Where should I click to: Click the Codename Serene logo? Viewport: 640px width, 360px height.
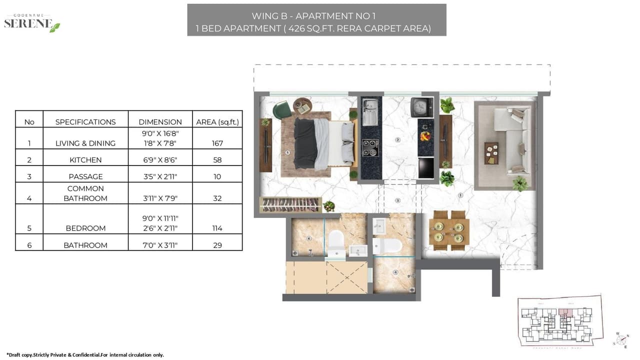pos(32,23)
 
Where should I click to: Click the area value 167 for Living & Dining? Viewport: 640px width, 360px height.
pos(217,143)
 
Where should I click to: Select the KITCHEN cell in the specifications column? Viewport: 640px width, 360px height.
pos(85,160)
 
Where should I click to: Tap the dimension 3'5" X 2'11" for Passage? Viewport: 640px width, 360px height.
pos(160,176)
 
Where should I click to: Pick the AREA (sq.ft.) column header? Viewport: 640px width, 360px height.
pos(217,121)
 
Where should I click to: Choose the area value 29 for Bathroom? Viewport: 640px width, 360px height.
pos(217,245)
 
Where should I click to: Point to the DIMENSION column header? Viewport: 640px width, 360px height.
pos(160,121)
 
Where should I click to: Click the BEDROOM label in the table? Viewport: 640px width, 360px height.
pos(85,228)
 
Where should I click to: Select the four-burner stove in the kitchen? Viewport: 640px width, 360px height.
pos(370,147)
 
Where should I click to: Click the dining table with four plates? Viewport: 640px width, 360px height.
pos(449,230)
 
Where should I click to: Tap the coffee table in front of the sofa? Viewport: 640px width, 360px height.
pos(491,153)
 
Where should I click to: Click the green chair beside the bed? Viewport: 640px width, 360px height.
pos(282,109)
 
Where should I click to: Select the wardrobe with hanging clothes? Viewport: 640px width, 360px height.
pos(290,204)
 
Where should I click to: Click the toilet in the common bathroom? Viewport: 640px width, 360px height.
pos(387,245)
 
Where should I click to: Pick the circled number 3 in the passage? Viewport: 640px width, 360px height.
pos(398,200)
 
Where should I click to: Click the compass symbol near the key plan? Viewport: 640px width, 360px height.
pos(621,339)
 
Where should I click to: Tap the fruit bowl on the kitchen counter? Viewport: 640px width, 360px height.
pos(425,135)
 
